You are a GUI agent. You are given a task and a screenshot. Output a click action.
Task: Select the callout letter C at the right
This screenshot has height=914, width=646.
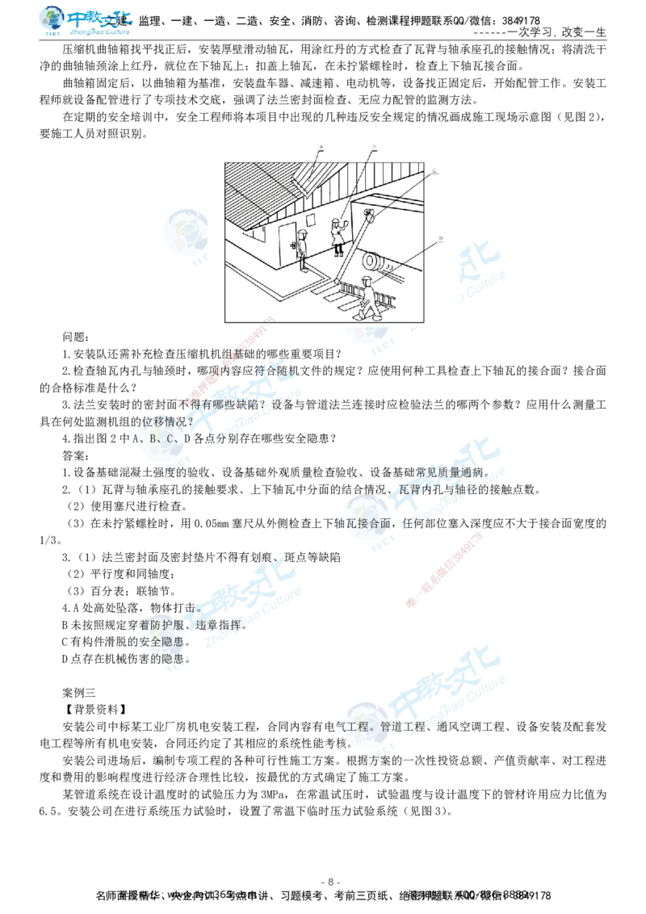(x=434, y=172)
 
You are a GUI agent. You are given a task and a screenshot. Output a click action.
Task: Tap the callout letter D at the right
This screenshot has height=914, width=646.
(x=440, y=239)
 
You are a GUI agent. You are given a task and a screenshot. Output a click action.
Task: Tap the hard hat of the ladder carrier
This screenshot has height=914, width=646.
(x=365, y=279)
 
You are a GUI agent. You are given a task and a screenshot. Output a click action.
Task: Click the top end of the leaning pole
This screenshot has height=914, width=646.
(x=369, y=215)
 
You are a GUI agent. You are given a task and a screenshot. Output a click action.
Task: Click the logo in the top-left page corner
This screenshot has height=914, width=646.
(x=87, y=22)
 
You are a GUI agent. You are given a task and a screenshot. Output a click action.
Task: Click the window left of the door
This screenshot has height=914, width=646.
(x=265, y=233)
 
